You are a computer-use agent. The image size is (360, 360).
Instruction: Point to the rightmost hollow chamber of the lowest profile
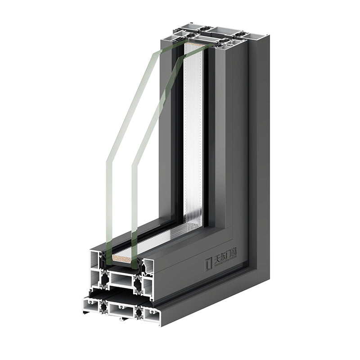pyautogui.click(x=151, y=315)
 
